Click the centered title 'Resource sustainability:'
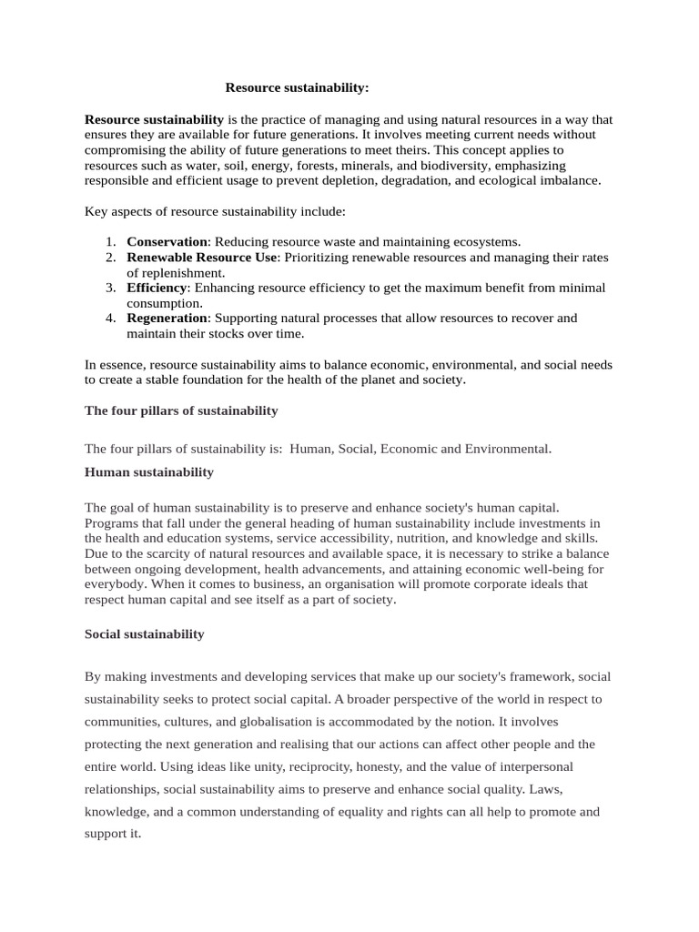298,88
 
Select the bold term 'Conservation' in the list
167,241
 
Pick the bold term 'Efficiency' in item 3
157,288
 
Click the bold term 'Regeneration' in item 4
167,318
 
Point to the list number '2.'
109,258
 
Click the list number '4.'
109,318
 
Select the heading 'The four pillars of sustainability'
181,410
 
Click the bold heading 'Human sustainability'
149,471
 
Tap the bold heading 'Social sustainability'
145,633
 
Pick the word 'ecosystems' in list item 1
486,241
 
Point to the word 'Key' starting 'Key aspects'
96,211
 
